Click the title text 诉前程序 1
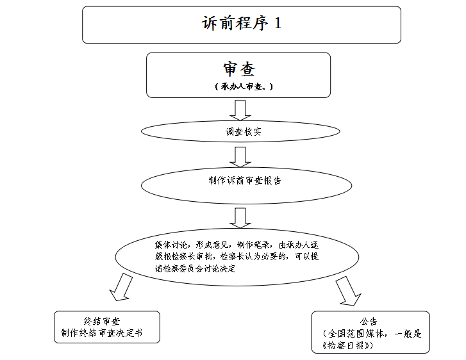tap(241, 23)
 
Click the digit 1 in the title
tap(278, 23)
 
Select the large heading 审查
tap(239, 69)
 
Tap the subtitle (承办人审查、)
tap(244, 86)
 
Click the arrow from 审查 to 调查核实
tap(240, 110)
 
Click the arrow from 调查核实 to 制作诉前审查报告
tap(240, 157)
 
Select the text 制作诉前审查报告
tap(245, 180)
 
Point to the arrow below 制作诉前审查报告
tap(240, 218)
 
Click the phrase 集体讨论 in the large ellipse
tap(171, 245)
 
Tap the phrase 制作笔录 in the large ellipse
tap(253, 245)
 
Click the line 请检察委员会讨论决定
tap(196, 268)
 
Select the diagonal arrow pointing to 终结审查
tap(121, 287)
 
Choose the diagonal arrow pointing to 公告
tap(348, 291)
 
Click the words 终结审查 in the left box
tap(102, 321)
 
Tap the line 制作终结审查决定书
tap(102, 332)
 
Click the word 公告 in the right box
tap(369, 321)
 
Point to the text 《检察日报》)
tap(347, 345)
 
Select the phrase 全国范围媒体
tap(356, 334)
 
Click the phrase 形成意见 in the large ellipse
tap(212, 245)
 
